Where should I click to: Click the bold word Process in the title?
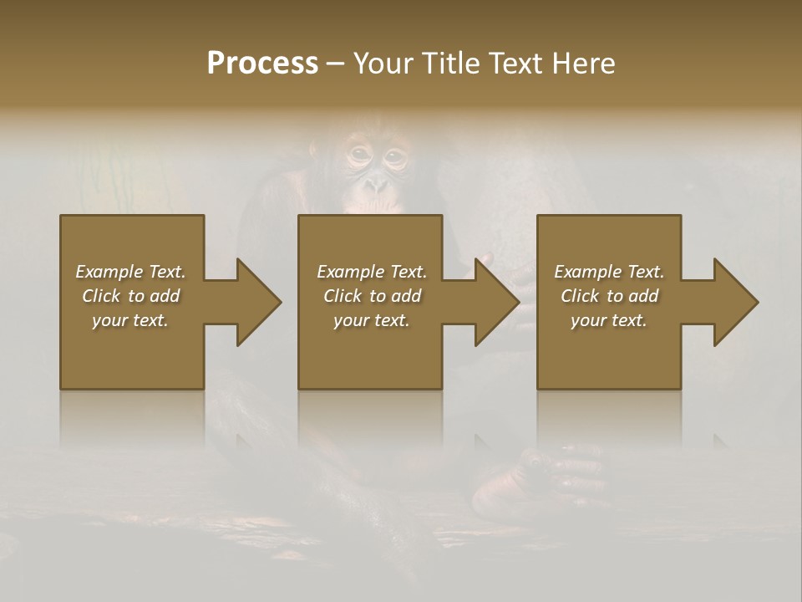[x=262, y=64]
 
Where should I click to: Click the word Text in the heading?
[x=516, y=64]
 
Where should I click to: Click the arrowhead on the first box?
[x=259, y=302]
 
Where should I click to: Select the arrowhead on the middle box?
[x=497, y=302]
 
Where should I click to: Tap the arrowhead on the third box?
[x=736, y=302]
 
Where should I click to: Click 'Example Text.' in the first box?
[x=130, y=272]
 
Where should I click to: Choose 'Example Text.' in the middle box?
[x=372, y=272]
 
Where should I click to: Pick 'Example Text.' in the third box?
[x=609, y=272]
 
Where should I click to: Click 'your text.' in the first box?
[x=130, y=320]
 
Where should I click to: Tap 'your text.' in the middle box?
[x=372, y=320]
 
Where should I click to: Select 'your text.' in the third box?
[x=609, y=320]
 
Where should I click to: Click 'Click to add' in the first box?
[x=130, y=296]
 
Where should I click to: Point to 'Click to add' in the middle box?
[x=372, y=296]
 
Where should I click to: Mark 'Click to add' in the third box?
[x=609, y=296]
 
